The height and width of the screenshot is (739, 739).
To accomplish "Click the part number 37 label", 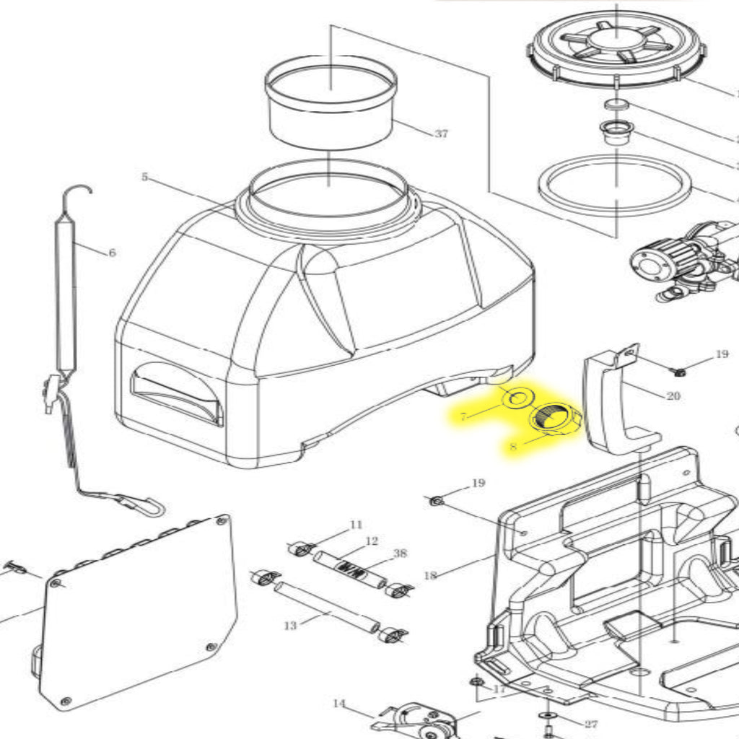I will coord(441,134).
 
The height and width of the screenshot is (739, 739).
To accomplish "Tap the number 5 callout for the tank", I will coord(144,177).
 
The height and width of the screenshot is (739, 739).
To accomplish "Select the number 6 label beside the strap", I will coord(112,253).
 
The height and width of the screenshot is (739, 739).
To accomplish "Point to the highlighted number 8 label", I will coord(513,447).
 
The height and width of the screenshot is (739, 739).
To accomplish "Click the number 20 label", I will coord(673,395).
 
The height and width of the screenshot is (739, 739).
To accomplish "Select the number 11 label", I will coord(356,525).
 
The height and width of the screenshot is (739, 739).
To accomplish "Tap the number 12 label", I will coord(372,541).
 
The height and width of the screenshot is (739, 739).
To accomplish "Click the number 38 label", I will coord(400,554).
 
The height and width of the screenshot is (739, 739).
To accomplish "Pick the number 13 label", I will coord(289,626).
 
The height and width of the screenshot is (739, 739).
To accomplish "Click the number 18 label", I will coord(430,575).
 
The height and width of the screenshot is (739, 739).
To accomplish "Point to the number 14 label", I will coord(339,704).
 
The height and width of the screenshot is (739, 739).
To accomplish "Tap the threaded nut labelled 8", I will coord(555,419).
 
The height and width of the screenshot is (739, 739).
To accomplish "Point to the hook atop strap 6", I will coord(77,193).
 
